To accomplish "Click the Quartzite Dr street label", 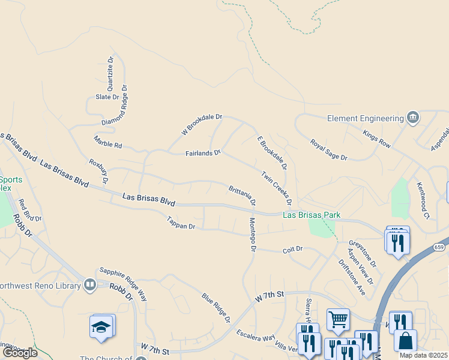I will tap(110, 73).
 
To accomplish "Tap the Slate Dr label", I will tap(107, 97).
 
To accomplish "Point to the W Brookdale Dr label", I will tap(202, 124).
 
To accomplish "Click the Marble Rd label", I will tap(108, 142).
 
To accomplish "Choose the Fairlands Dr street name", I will tap(203, 154).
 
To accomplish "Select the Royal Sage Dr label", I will tap(329, 150).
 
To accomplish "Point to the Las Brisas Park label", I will tap(312, 215).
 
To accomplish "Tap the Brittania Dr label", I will tap(243, 195).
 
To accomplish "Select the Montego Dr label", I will tap(253, 235).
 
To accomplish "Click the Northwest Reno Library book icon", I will tap(90, 284).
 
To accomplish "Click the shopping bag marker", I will tap(406, 340).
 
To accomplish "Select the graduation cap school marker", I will tap(101, 328).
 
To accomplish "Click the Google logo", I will tap(20, 352).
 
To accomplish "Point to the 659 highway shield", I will tap(439, 246).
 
